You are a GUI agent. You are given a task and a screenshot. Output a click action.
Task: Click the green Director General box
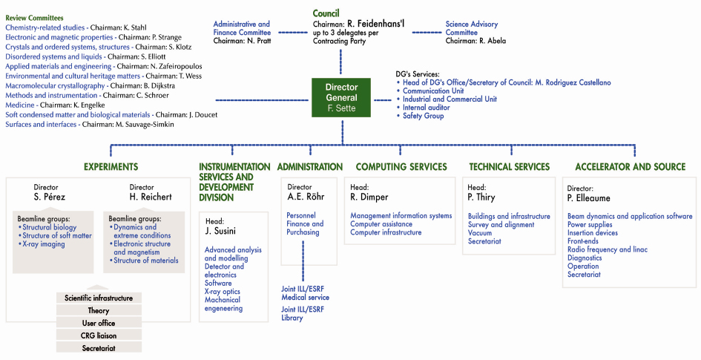(x=341, y=98)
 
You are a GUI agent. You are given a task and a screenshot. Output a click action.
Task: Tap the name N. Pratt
(x=258, y=41)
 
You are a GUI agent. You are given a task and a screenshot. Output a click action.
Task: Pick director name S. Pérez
(x=50, y=197)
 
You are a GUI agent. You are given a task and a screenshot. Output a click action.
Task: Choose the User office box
(x=99, y=323)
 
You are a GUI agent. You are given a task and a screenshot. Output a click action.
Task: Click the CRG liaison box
(x=99, y=336)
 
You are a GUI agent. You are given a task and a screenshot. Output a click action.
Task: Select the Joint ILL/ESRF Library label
(x=303, y=313)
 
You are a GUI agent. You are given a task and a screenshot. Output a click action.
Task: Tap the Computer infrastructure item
(x=386, y=232)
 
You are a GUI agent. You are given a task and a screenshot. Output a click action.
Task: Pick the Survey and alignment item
(x=501, y=224)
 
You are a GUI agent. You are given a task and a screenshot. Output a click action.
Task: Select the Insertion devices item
(x=592, y=233)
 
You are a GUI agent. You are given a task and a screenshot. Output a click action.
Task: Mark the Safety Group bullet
(x=423, y=116)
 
